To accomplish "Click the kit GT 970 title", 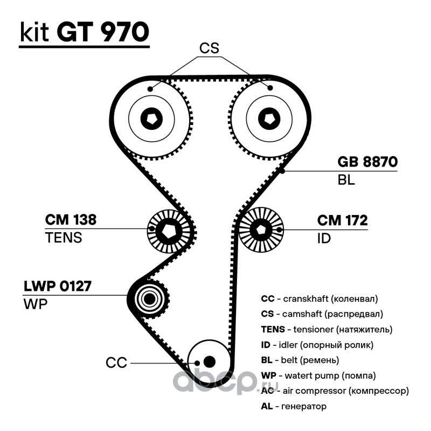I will tap(84, 33).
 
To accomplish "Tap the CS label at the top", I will tap(209, 48).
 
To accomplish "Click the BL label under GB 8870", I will tap(346, 180).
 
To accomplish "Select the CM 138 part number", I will tap(71, 220).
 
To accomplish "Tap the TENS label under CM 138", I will tap(64, 238).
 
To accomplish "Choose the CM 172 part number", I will tap(342, 220).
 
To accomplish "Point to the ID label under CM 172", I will tap(324, 238).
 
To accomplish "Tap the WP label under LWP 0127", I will tap(36, 303).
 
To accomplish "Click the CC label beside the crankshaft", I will tap(116, 363).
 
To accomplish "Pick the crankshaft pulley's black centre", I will tap(209, 361).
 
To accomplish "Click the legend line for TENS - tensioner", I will tap(326, 329).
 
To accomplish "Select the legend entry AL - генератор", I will tap(294, 406).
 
